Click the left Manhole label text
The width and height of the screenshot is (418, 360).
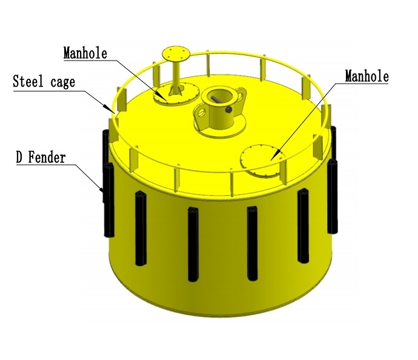pyautogui.click(x=85, y=53)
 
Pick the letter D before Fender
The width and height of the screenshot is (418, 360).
pyautogui.click(x=19, y=159)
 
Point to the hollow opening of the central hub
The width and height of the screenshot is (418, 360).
pyautogui.click(x=217, y=95)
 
